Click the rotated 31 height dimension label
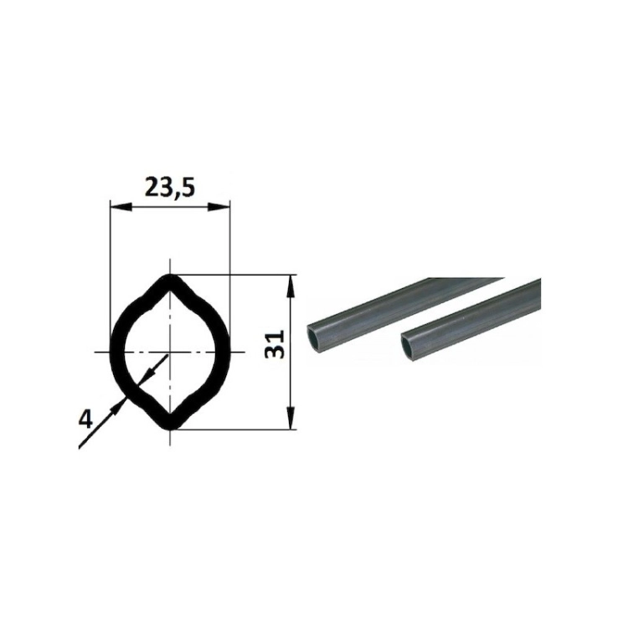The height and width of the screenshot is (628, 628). (x=275, y=344)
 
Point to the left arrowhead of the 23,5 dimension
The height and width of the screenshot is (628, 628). (x=121, y=207)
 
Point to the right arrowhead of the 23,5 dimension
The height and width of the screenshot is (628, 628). (x=219, y=207)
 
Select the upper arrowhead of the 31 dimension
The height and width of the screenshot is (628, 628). (x=291, y=286)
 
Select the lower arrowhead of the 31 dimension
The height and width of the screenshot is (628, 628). (x=291, y=418)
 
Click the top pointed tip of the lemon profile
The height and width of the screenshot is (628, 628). (x=170, y=275)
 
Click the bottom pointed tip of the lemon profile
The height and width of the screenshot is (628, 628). (x=170, y=429)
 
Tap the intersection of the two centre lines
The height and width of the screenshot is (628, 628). (x=170, y=352)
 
